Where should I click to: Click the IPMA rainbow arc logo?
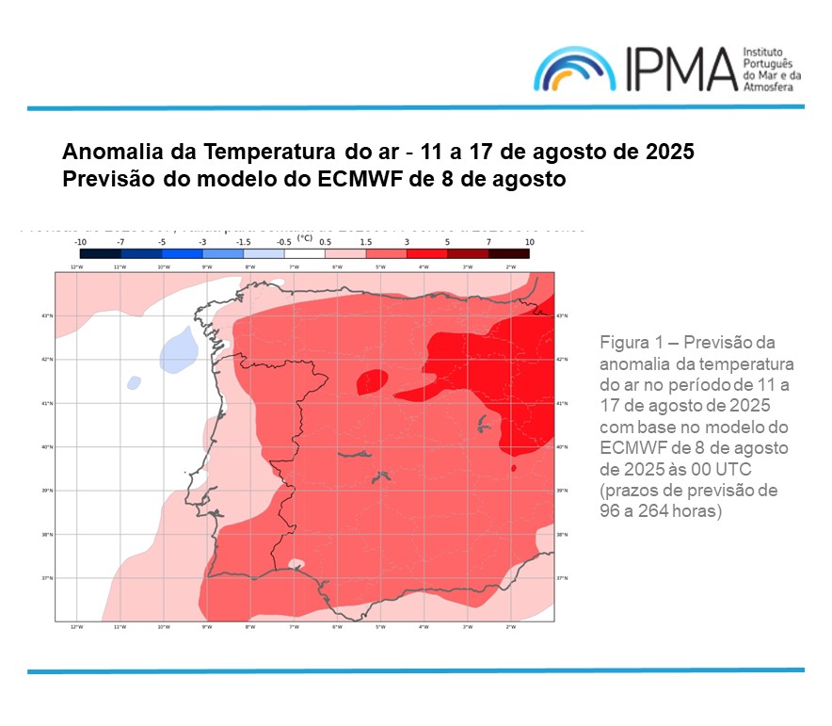(575, 69)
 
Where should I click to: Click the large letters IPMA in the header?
(675, 69)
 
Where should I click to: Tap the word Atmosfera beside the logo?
(769, 87)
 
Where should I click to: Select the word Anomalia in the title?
(105, 153)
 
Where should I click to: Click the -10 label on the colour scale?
(82, 242)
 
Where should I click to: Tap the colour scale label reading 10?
(529, 242)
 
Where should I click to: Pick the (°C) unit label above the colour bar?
(305, 238)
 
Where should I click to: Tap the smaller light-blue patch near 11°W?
(134, 383)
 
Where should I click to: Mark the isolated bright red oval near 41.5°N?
(372, 380)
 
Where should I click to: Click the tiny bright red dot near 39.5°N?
(513, 467)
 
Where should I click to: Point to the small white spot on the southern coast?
(296, 564)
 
